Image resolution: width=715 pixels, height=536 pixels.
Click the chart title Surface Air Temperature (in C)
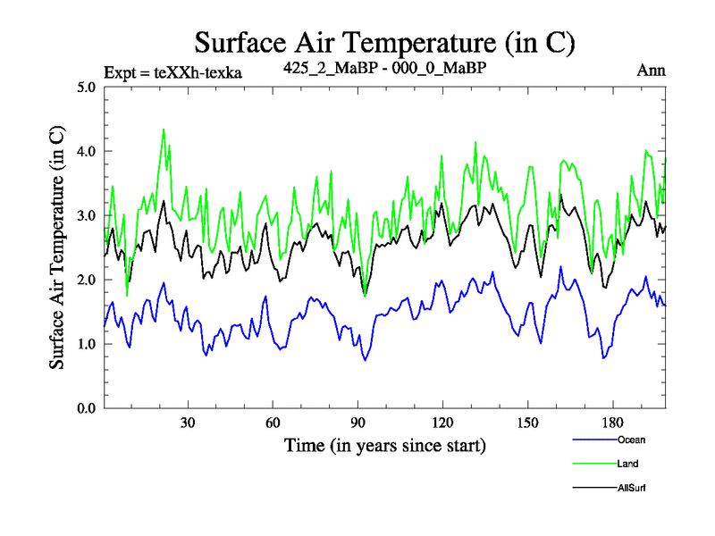[384, 41]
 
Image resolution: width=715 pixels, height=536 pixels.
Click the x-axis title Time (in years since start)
[384, 445]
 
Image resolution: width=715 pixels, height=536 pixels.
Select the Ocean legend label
[630, 440]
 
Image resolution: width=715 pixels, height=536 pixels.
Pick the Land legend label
[627, 464]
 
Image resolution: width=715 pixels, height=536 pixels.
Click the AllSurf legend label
[632, 488]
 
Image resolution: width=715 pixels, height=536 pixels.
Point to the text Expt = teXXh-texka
[173, 71]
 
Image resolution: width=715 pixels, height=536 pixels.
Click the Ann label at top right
[651, 71]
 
